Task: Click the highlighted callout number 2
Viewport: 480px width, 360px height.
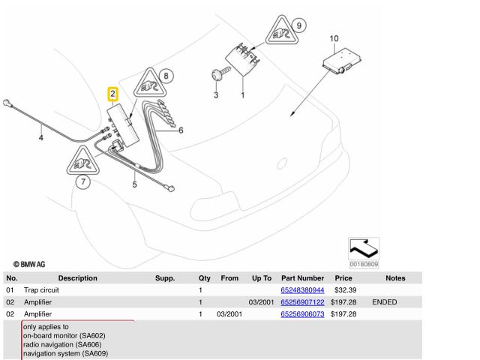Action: tap(112, 94)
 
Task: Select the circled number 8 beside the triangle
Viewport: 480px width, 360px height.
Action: tap(166, 75)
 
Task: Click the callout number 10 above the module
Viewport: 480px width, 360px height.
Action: tap(334, 38)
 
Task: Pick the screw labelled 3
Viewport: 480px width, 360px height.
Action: tap(215, 75)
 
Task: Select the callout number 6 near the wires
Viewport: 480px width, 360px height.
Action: tap(181, 130)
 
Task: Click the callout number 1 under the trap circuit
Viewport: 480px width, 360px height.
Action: tap(242, 95)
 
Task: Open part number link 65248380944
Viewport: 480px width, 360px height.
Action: tap(302, 290)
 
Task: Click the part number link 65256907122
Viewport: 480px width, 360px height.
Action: tap(302, 302)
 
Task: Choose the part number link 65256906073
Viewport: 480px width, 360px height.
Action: tap(302, 314)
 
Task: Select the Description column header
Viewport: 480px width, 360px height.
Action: tap(77, 278)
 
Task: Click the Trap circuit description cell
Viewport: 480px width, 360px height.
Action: tap(42, 290)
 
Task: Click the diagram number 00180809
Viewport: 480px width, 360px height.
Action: tap(364, 264)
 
